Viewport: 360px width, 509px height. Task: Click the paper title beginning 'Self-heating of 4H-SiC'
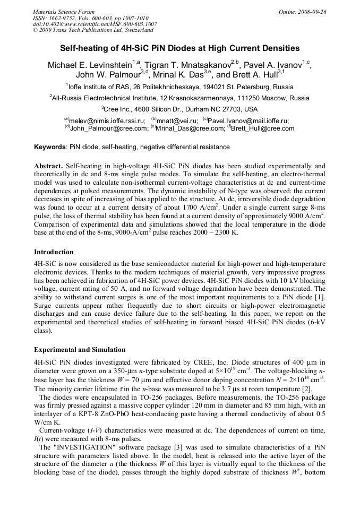[x=179, y=48]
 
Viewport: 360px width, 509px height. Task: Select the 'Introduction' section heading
[x=54, y=252]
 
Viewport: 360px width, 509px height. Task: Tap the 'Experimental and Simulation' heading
[x=80, y=350]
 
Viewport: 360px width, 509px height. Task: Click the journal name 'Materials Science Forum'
[x=64, y=12]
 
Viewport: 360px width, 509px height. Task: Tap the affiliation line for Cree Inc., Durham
[x=179, y=109]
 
